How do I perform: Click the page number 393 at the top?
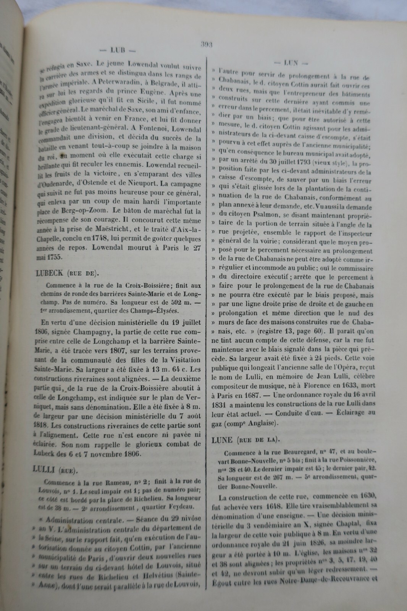click(x=207, y=44)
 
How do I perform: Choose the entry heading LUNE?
click(x=222, y=440)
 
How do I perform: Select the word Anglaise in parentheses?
click(x=263, y=423)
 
